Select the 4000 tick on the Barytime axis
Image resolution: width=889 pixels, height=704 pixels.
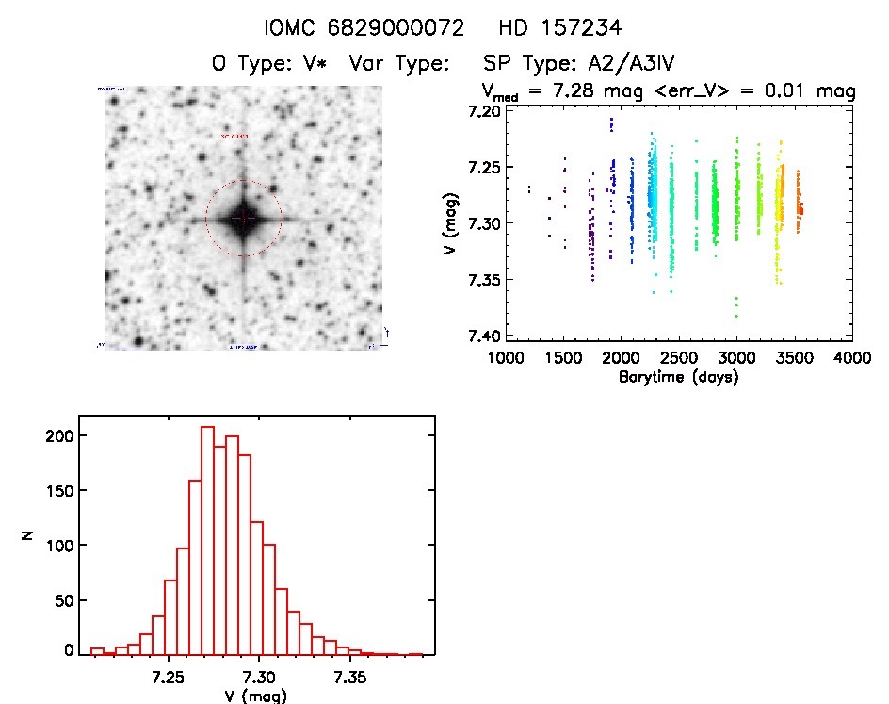coord(851,358)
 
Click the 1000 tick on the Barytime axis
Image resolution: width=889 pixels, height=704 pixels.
coord(507,358)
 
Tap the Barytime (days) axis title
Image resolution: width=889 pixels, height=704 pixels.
coord(679,377)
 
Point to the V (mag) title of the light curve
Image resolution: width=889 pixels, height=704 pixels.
coord(449,223)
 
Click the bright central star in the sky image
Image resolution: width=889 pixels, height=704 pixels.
coord(243,218)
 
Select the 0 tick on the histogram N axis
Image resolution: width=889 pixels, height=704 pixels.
coord(68,651)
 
